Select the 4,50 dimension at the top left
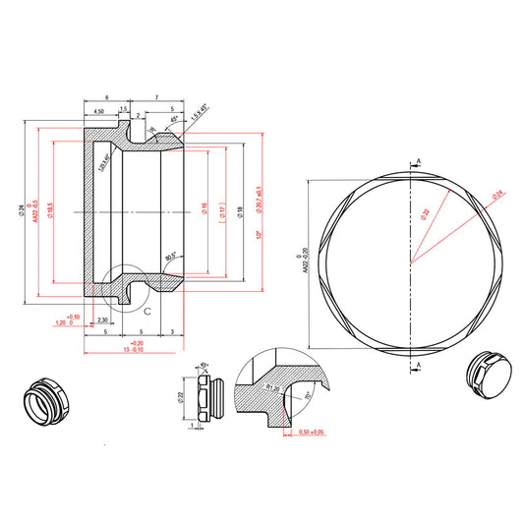[99, 112]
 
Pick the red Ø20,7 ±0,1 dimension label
[259, 203]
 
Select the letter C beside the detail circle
[147, 310]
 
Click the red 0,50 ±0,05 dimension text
[311, 433]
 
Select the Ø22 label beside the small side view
[181, 397]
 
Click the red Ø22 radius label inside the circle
[426, 213]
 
